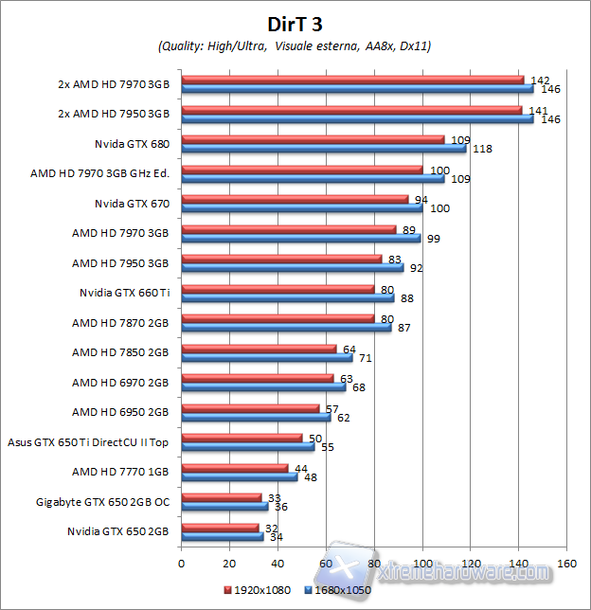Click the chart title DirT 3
point(295,21)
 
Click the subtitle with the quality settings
point(295,46)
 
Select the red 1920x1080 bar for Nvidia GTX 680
point(313,139)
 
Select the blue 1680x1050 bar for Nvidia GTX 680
point(323,148)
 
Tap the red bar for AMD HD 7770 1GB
point(234,468)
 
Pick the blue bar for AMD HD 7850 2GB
point(266,358)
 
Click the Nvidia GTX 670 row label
point(132,203)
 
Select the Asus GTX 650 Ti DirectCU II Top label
point(88,441)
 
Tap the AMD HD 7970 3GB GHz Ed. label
point(99,173)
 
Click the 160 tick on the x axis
point(566,564)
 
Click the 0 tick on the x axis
point(181,564)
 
